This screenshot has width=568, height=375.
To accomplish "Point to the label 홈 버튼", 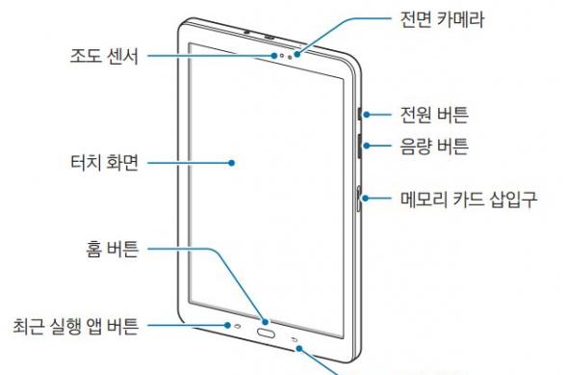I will click(113, 254).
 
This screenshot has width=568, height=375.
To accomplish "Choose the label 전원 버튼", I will click(434, 115).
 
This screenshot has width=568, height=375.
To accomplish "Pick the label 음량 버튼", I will click(434, 147).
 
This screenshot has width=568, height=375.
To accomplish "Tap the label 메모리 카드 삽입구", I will click(468, 201).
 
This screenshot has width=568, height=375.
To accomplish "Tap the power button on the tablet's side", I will click(359, 115).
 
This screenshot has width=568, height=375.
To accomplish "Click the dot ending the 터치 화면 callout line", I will click(232, 163).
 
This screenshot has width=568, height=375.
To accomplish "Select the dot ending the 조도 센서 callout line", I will click(277, 55).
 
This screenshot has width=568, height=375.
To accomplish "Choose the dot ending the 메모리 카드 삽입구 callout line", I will click(360, 201).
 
